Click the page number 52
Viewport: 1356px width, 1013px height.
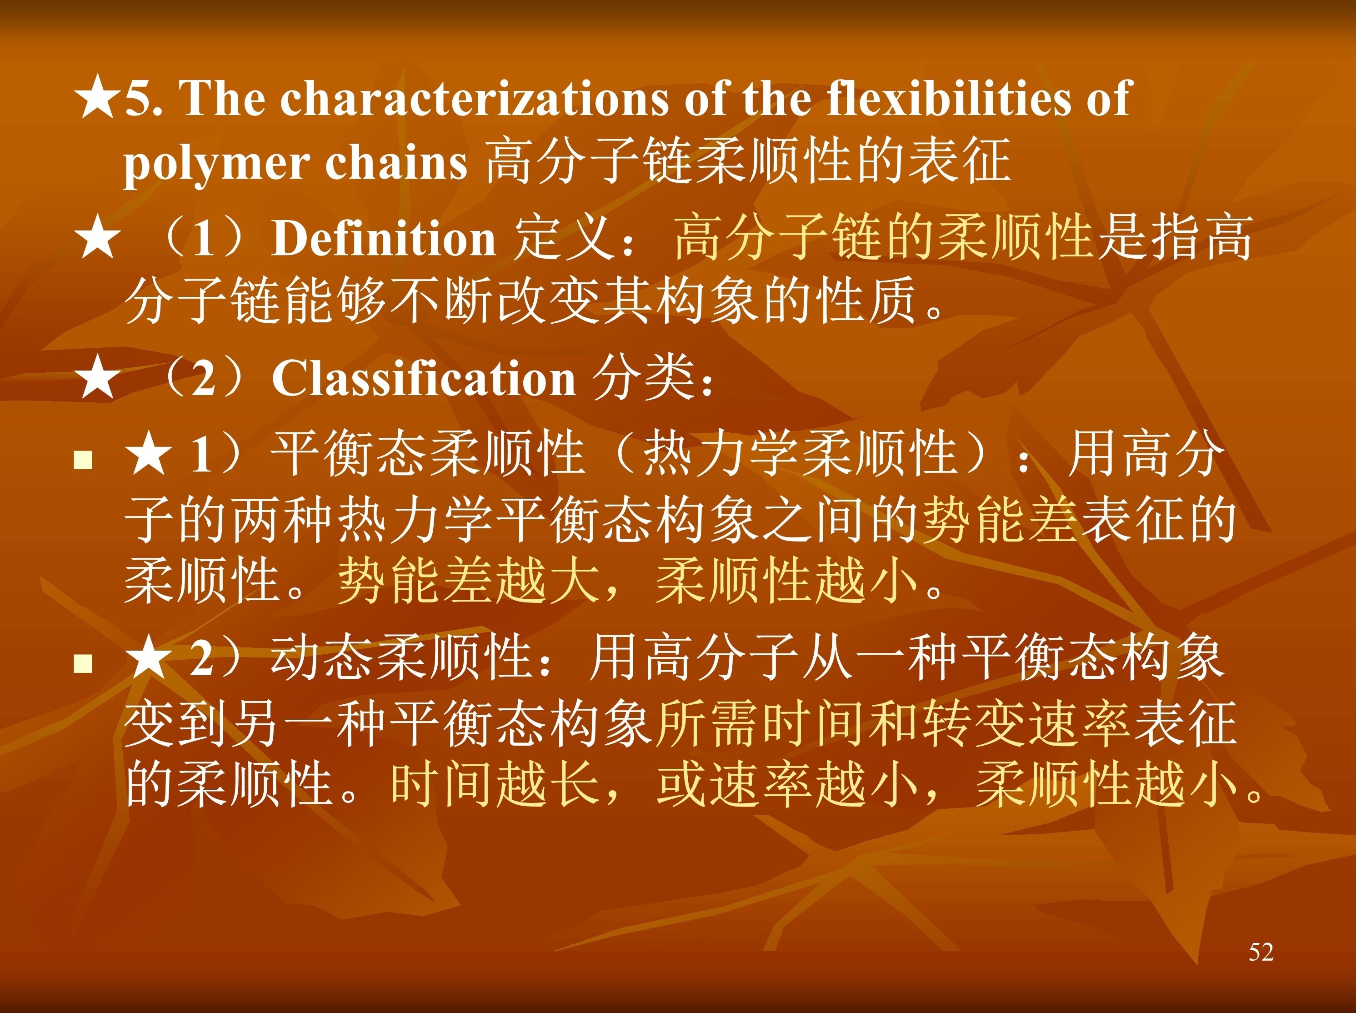coord(1261,952)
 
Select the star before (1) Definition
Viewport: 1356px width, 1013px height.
coord(97,239)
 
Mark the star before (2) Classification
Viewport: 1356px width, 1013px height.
coord(97,378)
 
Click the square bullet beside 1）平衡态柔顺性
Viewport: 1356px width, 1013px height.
coord(83,460)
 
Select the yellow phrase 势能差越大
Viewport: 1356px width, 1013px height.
coord(469,580)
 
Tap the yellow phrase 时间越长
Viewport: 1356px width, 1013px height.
coord(495,783)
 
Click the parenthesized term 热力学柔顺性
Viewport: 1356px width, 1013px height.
coord(800,454)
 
